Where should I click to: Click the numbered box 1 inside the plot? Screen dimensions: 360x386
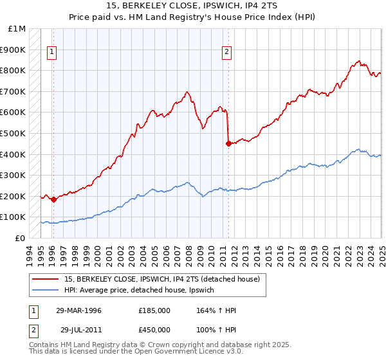click(x=52, y=53)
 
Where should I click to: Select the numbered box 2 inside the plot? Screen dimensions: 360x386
click(x=226, y=53)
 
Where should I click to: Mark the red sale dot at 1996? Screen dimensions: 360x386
click(x=53, y=199)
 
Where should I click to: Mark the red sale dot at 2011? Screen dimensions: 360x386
click(x=228, y=143)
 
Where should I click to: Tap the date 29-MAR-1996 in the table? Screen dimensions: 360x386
click(x=79, y=311)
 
